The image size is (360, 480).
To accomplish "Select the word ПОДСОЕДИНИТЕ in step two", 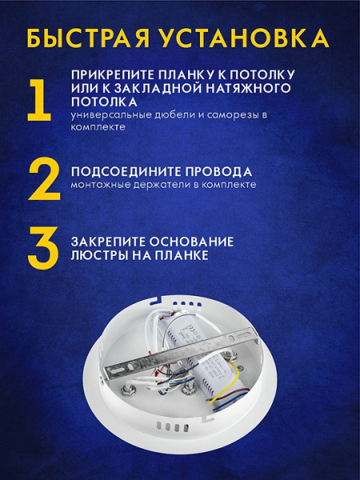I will (x=121, y=171).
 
